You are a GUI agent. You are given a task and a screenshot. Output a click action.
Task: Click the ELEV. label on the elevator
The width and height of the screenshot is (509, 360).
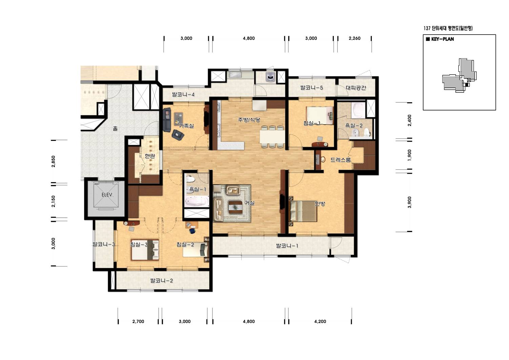pyautogui.click(x=107, y=195)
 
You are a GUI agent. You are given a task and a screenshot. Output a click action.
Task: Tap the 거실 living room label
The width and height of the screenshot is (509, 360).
pyautogui.click(x=249, y=203)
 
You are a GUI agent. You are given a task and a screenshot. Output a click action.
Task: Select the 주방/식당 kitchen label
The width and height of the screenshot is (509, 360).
pyautogui.click(x=249, y=120)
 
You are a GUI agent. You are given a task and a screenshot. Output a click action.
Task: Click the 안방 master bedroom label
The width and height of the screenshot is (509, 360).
pyautogui.click(x=320, y=204)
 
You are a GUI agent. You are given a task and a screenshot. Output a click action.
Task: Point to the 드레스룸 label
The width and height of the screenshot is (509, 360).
pyautogui.click(x=341, y=160)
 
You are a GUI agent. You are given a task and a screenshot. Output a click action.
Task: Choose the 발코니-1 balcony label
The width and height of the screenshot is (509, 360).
pyautogui.click(x=287, y=246)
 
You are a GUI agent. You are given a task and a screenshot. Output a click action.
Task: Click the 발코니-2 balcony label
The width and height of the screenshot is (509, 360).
pyautogui.click(x=162, y=280)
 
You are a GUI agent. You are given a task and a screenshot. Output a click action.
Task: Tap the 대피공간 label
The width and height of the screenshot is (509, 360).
pyautogui.click(x=356, y=88)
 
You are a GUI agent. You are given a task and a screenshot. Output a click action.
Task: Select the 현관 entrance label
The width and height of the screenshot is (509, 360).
pyautogui.click(x=150, y=156)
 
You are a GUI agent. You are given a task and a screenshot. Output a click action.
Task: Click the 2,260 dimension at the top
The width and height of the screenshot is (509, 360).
pyautogui.click(x=354, y=38)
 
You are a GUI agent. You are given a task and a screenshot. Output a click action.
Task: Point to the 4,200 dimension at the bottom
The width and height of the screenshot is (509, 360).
pyautogui.click(x=320, y=321)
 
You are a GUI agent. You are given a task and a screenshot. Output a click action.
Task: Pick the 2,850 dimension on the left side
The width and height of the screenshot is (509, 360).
pyautogui.click(x=54, y=161)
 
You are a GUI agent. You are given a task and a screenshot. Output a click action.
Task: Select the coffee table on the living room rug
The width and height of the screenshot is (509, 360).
pyautogui.click(x=236, y=207)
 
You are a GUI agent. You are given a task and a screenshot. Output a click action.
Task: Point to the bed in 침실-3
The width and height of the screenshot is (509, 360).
pyautogui.click(x=145, y=250)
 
